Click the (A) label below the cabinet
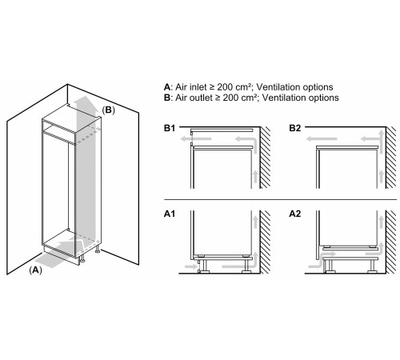coord(35,270)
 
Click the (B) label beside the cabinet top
coord(109,110)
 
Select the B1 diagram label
coord(170,128)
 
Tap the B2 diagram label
coord(295,128)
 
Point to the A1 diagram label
coord(170,214)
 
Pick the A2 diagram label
coord(295,214)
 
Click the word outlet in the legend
coord(202,98)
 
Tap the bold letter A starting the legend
coord(167,87)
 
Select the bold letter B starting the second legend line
coord(167,98)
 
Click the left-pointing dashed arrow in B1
coord(196,138)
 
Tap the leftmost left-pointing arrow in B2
coord(322,138)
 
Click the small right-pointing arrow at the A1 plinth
coord(190,266)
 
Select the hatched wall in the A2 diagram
coord(391,242)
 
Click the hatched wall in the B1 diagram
coord(266,158)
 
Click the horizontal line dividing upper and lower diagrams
coord(280,199)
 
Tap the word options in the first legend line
coord(318,87)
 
